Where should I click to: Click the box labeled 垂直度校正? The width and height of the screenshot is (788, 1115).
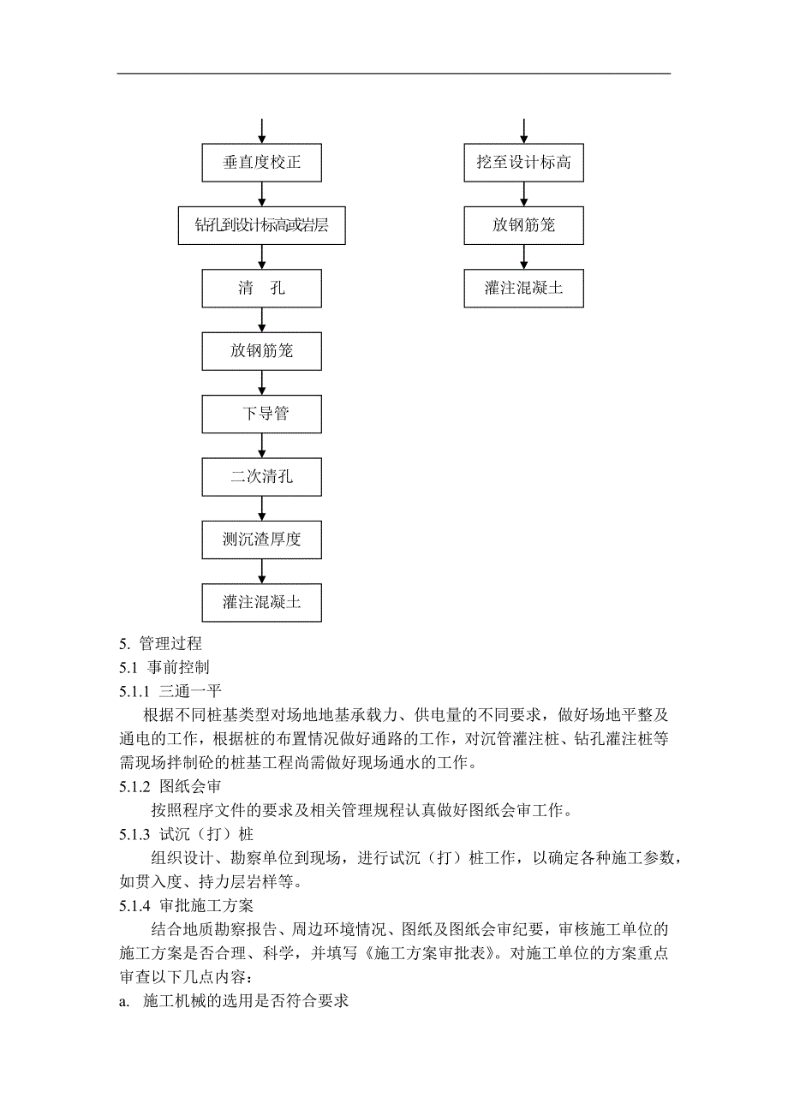(261, 163)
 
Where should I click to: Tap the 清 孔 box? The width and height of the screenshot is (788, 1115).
(261, 289)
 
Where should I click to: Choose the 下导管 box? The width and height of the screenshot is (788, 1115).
(261, 414)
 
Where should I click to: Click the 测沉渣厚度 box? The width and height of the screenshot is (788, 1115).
(261, 540)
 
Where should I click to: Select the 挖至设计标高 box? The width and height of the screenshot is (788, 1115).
(523, 163)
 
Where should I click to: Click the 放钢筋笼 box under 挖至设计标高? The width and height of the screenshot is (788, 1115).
(523, 226)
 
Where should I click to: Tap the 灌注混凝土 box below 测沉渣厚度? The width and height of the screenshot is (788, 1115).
(261, 603)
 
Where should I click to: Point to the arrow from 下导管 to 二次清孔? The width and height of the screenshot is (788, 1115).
(261, 446)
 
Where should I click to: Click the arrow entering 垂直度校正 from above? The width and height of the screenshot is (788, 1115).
(261, 130)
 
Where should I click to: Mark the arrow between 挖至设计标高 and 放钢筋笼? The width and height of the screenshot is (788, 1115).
(523, 194)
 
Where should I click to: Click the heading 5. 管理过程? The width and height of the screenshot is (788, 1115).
(160, 644)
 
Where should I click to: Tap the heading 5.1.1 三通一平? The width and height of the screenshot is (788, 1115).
(172, 690)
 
